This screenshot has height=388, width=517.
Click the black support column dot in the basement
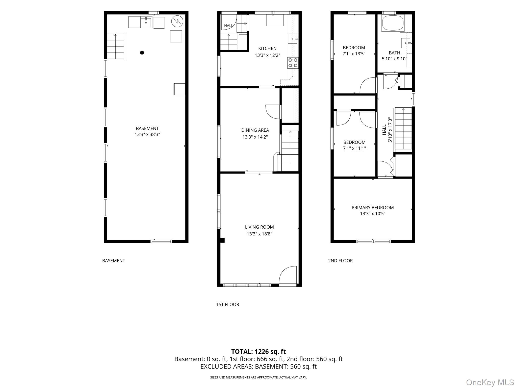tap(142, 53)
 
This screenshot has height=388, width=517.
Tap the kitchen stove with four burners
tap(293, 63)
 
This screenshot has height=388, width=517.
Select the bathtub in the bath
tap(393, 23)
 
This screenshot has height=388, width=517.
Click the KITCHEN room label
tap(267, 48)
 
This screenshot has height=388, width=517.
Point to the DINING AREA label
tap(255, 130)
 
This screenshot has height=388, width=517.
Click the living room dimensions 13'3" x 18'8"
tap(260, 234)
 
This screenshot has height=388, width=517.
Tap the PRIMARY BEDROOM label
tap(373, 208)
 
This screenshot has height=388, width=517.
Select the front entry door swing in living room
tap(288, 276)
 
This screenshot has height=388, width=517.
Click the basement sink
tap(146, 22)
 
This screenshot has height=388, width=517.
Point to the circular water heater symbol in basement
tap(177, 21)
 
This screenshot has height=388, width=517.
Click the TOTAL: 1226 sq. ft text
tap(258, 351)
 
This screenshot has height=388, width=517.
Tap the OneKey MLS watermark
tap(490, 382)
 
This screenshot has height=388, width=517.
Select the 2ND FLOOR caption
tap(340, 261)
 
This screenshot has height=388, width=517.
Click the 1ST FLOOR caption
tap(227, 305)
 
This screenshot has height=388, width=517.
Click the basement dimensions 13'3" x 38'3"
tap(147, 134)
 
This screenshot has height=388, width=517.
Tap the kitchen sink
tap(293, 39)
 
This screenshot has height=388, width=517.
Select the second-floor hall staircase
tap(403, 130)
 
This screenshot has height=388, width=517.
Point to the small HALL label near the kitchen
tap(228, 26)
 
